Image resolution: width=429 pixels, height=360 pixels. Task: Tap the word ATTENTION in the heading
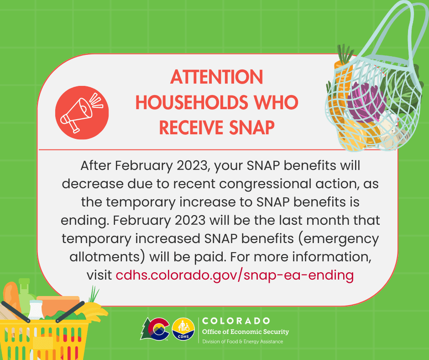pyautogui.click(x=217, y=77)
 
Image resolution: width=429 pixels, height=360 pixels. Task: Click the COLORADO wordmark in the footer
pyautogui.click(x=236, y=321)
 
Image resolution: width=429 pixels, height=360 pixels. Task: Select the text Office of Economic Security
pyautogui.click(x=246, y=332)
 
